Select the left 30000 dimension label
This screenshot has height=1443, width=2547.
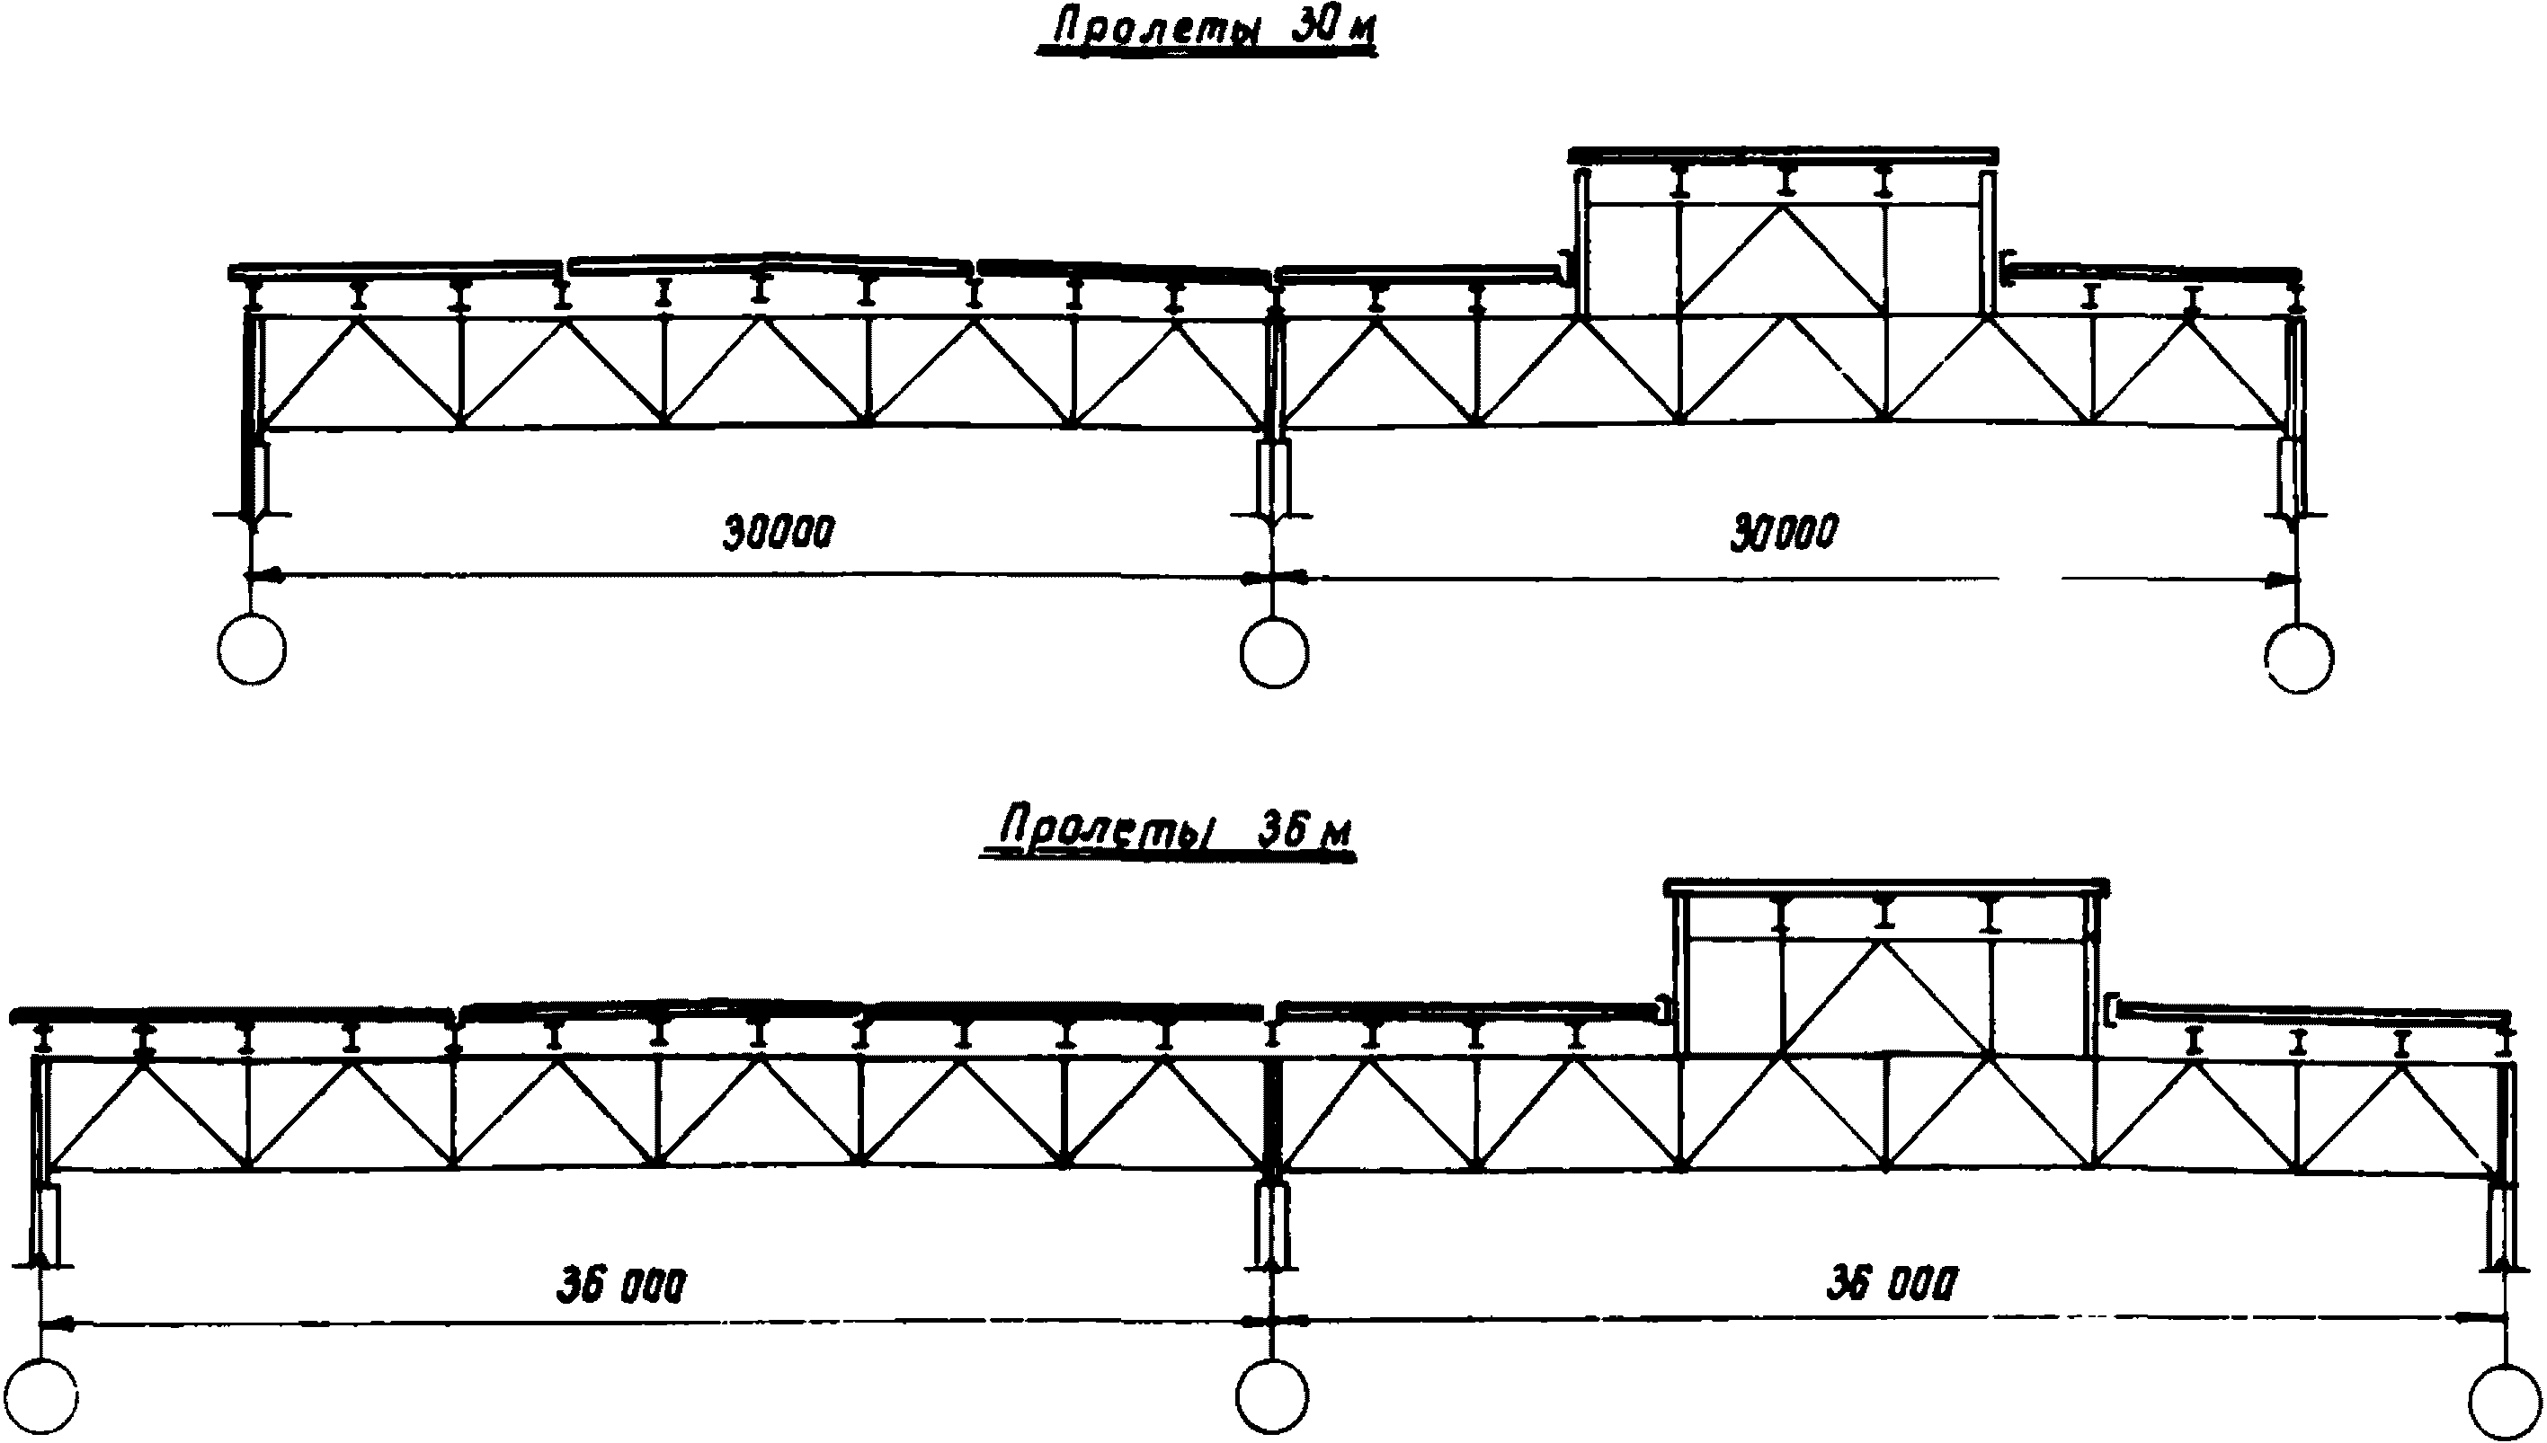779,532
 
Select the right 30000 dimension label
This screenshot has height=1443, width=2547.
1785,532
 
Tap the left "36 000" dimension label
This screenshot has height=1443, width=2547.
619,1287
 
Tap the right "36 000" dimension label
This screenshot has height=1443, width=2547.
1892,1285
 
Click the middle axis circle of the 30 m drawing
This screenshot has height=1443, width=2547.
1274,652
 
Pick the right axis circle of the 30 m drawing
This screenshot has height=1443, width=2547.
2300,657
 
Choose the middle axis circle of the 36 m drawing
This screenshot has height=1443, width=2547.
1272,1397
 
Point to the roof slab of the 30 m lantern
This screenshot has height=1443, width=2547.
1783,155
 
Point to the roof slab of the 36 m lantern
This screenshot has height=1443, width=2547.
1887,885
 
